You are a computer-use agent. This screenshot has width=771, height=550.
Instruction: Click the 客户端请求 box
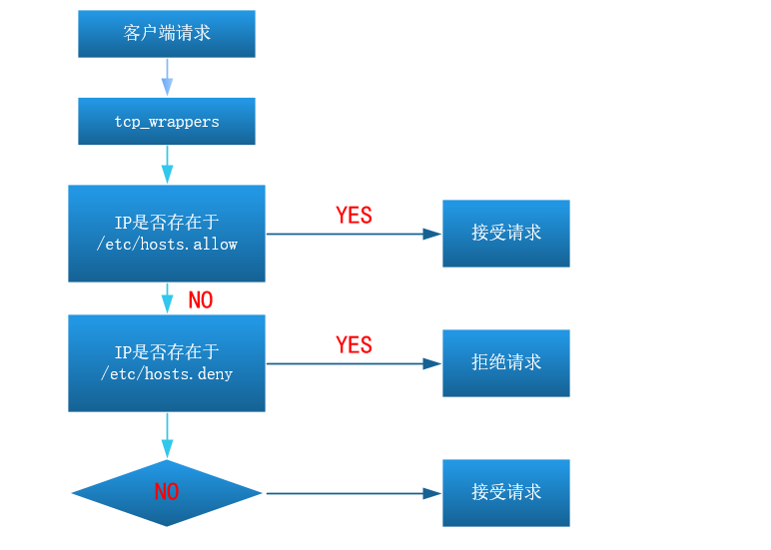tap(167, 34)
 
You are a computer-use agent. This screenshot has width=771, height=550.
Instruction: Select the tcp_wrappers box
tap(167, 122)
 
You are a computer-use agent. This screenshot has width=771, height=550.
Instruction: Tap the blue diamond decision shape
tap(167, 493)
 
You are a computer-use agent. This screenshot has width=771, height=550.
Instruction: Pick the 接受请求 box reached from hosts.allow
tap(506, 234)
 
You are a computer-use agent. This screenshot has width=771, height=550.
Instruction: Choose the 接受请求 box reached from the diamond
tap(506, 493)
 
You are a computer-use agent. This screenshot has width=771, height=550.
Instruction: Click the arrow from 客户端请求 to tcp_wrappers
tap(167, 77)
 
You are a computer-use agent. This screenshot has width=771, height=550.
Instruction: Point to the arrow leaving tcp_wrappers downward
tap(167, 165)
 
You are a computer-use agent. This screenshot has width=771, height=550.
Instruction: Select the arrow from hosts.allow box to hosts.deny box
tap(167, 298)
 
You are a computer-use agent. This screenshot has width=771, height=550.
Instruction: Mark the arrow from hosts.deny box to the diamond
tap(167, 435)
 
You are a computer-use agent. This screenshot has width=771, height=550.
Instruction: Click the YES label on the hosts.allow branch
tap(354, 216)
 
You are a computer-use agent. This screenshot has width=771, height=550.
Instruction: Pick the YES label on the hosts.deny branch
tap(354, 345)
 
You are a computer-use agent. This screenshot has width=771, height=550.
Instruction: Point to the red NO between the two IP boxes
tap(201, 300)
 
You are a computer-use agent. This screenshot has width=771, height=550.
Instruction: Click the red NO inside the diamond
tap(167, 492)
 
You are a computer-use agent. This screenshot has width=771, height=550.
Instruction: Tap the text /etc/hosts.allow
tap(167, 244)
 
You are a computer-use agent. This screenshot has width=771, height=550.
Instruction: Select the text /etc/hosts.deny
tap(167, 373)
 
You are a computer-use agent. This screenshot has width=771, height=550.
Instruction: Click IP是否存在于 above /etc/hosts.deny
tap(167, 352)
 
